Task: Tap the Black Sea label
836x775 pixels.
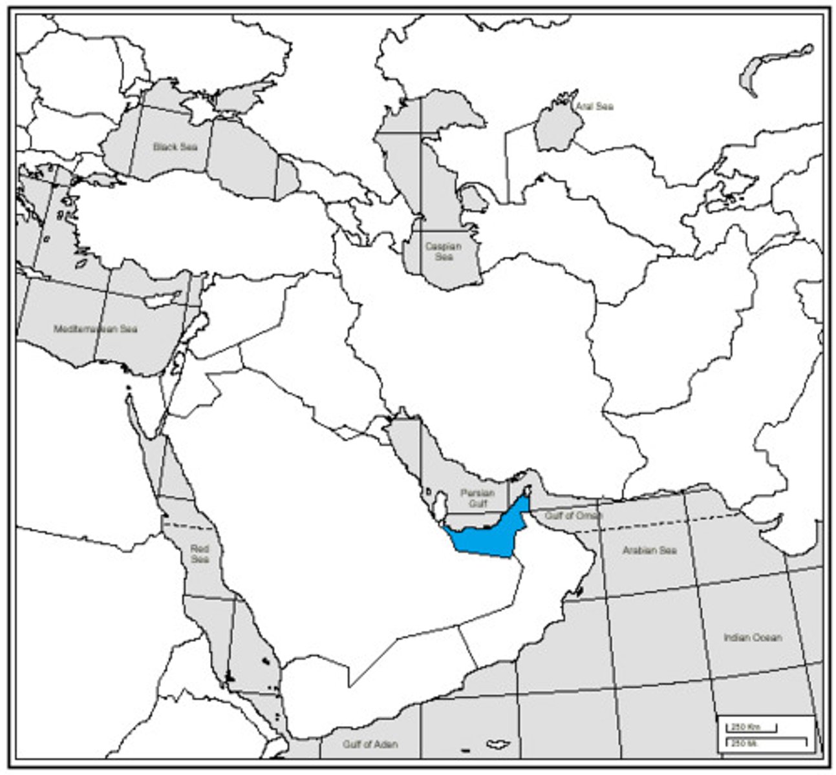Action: (175, 147)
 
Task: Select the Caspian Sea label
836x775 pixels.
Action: (444, 251)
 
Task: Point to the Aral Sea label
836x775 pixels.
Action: (595, 107)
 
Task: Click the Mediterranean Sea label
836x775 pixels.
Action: (96, 329)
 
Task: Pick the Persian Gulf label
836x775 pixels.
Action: (477, 498)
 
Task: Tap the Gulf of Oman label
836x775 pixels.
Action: (573, 516)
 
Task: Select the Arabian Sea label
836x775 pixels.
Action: (649, 550)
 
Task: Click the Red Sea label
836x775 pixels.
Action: (200, 553)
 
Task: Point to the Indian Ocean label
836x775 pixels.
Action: (753, 637)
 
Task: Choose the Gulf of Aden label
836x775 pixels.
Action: (370, 744)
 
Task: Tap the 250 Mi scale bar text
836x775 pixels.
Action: (741, 743)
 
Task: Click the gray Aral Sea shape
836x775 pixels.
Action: (553, 129)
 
